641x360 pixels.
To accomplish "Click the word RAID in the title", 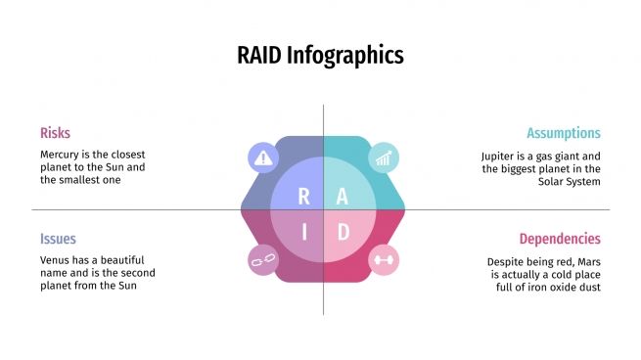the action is click(x=260, y=55).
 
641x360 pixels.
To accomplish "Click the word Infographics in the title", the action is click(x=345, y=56).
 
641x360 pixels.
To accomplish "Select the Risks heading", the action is click(x=55, y=133).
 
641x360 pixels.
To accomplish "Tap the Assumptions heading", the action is click(x=563, y=133).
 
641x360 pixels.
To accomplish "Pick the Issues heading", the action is click(x=58, y=239).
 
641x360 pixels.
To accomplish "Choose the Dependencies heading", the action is click(x=560, y=239).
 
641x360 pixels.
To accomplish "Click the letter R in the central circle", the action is click(x=303, y=196).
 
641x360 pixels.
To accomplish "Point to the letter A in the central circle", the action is click(x=342, y=196).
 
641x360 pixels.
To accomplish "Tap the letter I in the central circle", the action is click(x=303, y=232).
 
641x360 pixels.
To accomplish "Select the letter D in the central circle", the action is click(x=343, y=232).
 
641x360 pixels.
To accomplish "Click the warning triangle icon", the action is click(x=263, y=157).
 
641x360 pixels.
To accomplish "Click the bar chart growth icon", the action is click(x=383, y=157).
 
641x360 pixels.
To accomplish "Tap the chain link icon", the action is click(x=263, y=260).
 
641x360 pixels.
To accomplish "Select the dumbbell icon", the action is click(x=383, y=260).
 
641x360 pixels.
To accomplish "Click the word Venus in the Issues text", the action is click(x=57, y=260).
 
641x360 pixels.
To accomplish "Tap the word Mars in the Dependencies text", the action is click(x=587, y=262).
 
